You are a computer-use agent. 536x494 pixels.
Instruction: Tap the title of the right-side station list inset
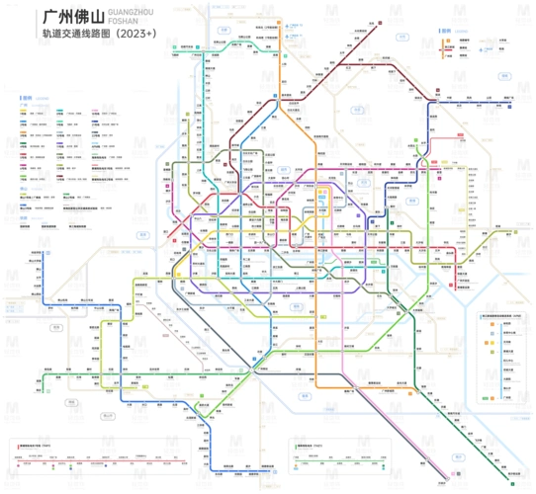click(499, 314)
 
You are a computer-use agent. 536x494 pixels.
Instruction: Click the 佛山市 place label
click(58, 326)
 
